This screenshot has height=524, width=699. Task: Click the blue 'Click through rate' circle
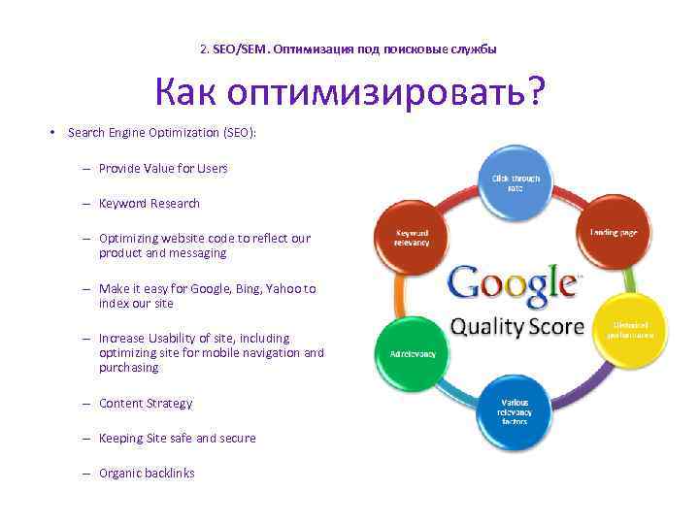click(515, 181)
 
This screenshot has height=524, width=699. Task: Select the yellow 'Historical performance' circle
click(631, 330)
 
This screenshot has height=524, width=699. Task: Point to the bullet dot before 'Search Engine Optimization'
click(54, 132)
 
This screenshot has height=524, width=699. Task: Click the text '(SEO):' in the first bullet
click(238, 132)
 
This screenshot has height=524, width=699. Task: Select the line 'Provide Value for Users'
click(163, 168)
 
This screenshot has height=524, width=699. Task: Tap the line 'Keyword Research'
click(149, 203)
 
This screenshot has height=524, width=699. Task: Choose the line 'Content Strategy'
click(146, 403)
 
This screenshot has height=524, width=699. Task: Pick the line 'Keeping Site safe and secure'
click(177, 438)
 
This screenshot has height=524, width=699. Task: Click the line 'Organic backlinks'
click(147, 473)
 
